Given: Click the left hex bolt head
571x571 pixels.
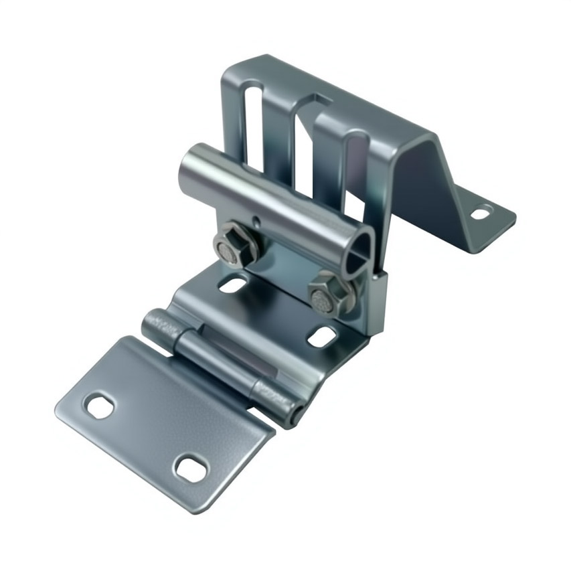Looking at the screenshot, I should (236, 244).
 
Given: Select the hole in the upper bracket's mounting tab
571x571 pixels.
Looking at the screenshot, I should (480, 214).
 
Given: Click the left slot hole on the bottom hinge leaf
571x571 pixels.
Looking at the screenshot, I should (100, 406).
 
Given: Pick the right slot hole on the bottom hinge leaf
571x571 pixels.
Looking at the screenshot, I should (191, 469).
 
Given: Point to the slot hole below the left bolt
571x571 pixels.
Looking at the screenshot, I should (232, 285).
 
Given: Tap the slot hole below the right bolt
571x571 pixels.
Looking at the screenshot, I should (322, 337).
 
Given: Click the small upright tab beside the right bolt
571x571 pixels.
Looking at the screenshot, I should (376, 301).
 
